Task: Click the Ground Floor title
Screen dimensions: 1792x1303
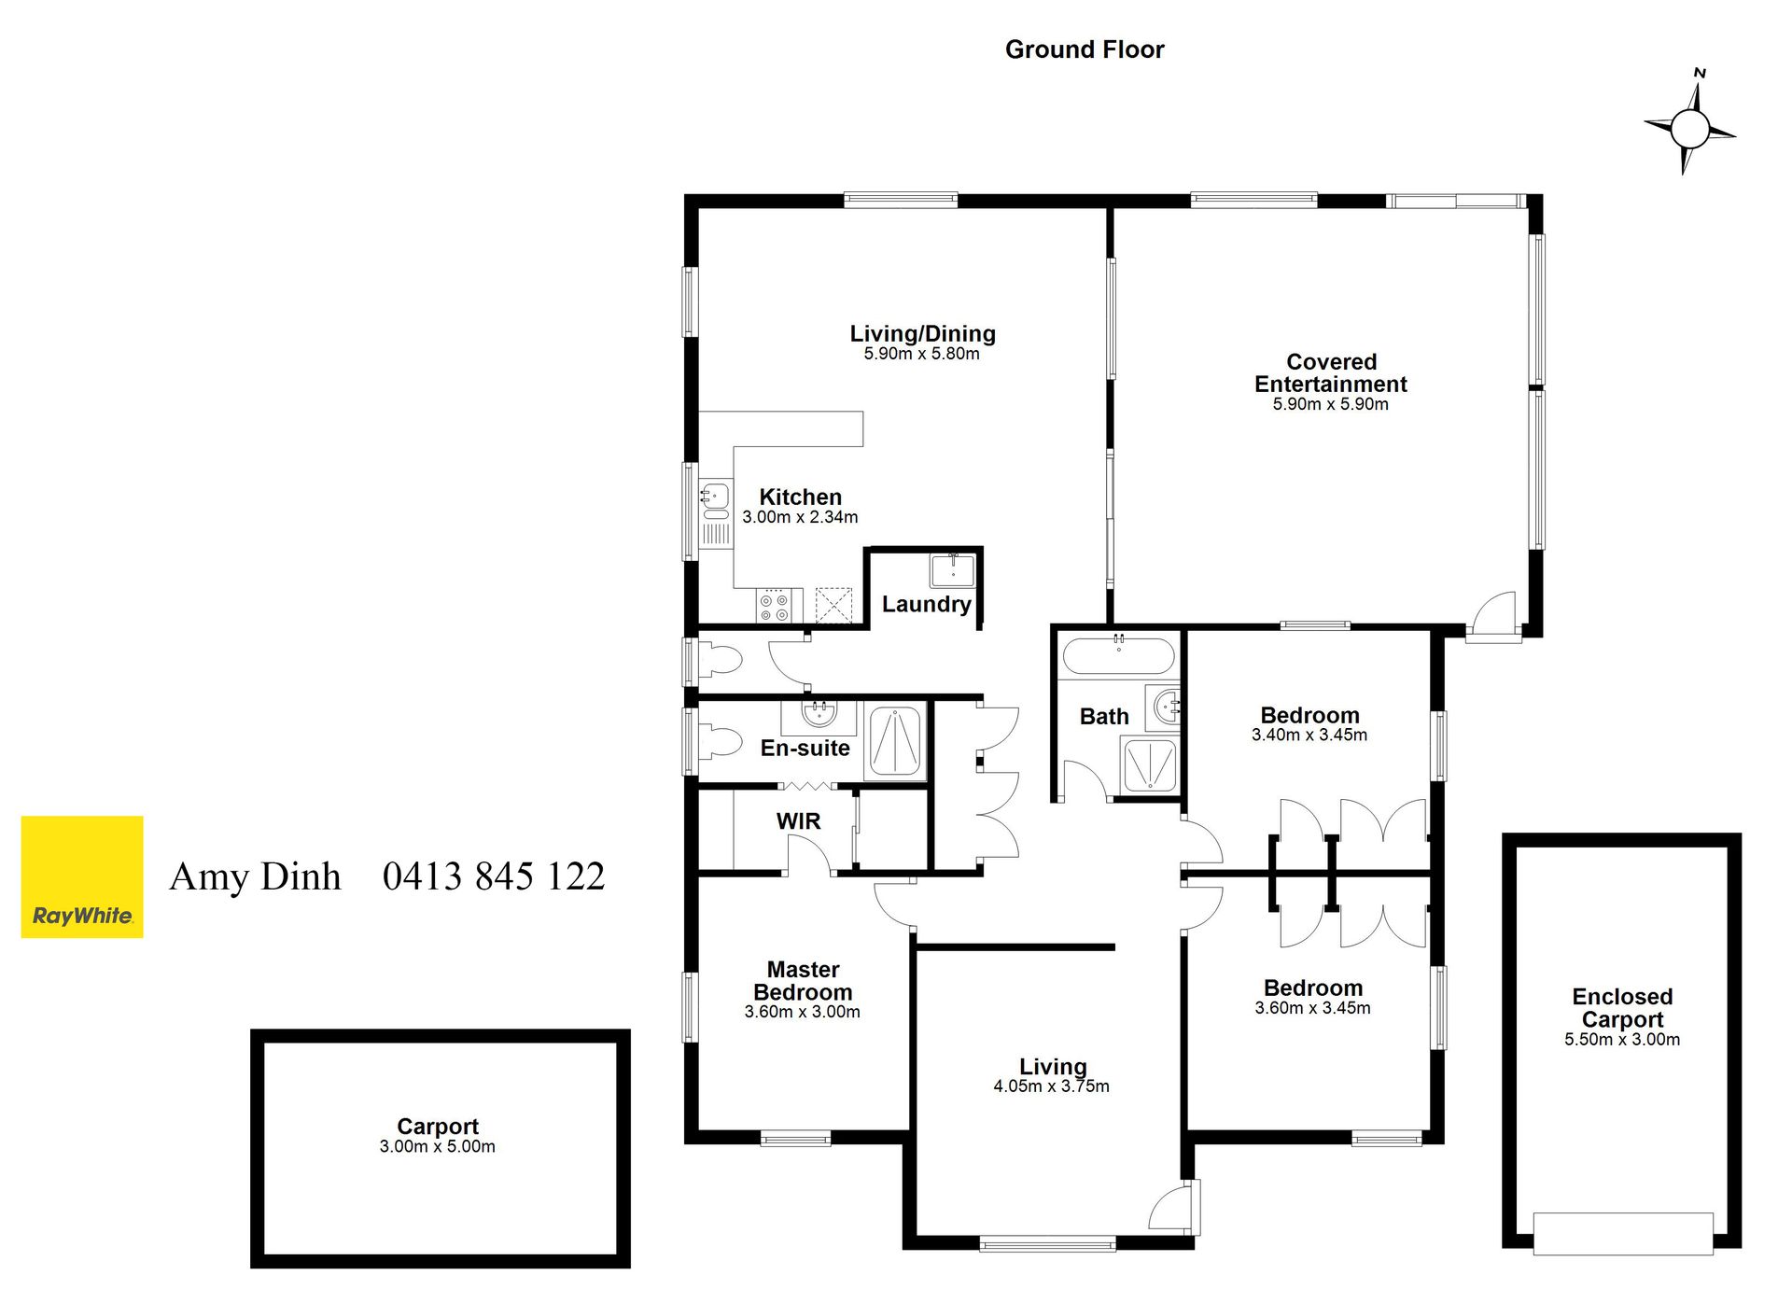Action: click(x=1085, y=49)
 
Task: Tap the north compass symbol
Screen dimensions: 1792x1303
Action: click(x=1689, y=128)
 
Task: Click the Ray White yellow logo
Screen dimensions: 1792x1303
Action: click(x=82, y=876)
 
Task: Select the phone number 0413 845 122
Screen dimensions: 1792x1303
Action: click(x=494, y=876)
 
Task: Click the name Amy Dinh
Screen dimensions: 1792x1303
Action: click(x=256, y=876)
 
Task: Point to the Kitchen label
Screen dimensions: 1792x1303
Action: click(x=800, y=497)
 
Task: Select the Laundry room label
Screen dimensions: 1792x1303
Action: click(x=926, y=604)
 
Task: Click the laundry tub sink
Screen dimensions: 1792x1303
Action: click(x=953, y=570)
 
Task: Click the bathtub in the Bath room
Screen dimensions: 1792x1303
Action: click(x=1118, y=655)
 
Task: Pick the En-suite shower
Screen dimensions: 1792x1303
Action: click(x=895, y=741)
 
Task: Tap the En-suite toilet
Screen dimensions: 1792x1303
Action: click(x=720, y=742)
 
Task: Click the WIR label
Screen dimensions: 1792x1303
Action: click(x=798, y=821)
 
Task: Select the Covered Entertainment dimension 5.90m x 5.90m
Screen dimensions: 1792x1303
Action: click(x=1331, y=404)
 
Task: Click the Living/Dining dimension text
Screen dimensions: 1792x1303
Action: click(x=921, y=354)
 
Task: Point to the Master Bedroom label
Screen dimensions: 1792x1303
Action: click(x=803, y=981)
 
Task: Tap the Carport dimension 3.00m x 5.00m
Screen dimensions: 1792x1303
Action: click(x=437, y=1146)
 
